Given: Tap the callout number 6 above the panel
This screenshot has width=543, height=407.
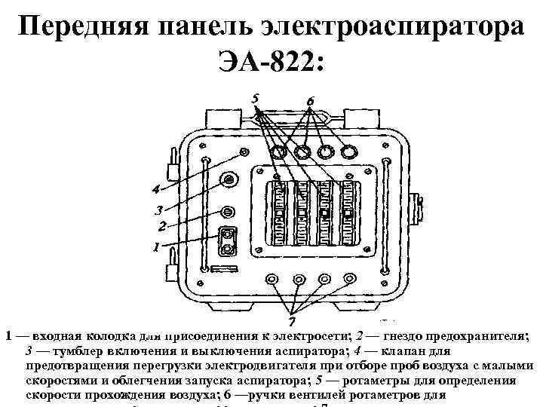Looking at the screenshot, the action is (310, 101).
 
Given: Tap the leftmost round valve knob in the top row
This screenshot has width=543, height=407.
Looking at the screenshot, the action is (278, 152).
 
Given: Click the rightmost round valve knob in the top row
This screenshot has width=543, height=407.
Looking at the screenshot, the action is (348, 152).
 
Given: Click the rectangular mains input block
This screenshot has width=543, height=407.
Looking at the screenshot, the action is (227, 242).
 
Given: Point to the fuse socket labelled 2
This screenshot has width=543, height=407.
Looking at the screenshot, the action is (227, 211).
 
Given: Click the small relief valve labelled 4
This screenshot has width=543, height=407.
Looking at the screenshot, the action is (242, 153).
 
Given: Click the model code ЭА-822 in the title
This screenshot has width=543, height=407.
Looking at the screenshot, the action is (271, 61).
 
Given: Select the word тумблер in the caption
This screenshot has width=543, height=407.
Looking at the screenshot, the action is (73, 351).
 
